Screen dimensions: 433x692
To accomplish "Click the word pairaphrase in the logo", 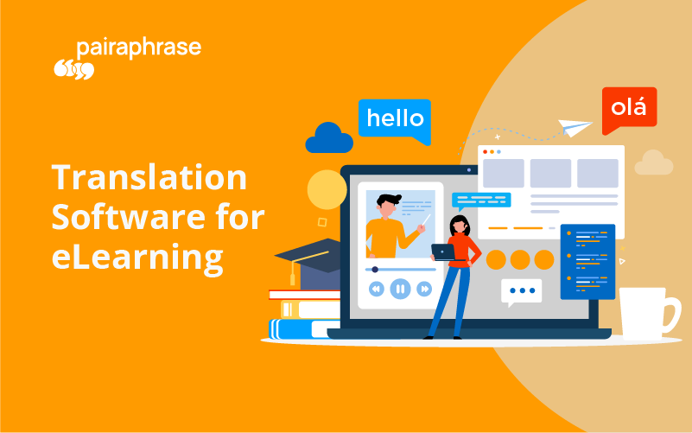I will pos(138,48).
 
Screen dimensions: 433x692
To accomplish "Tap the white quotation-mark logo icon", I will pos(73,69).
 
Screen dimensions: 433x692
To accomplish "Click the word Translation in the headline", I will pos(149,178).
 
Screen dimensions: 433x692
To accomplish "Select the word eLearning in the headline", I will pos(136,256).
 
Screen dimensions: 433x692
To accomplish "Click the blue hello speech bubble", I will pos(395,119).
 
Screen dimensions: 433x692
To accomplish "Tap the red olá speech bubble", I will pos(629,108).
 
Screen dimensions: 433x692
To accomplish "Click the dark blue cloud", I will pos(329,139).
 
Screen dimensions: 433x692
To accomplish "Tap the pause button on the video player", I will pos(399,290).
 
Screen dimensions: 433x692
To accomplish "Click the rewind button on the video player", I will pos(376,290).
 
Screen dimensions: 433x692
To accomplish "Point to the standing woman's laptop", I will pos(443,252).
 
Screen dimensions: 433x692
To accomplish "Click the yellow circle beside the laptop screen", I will pos(327,189).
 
